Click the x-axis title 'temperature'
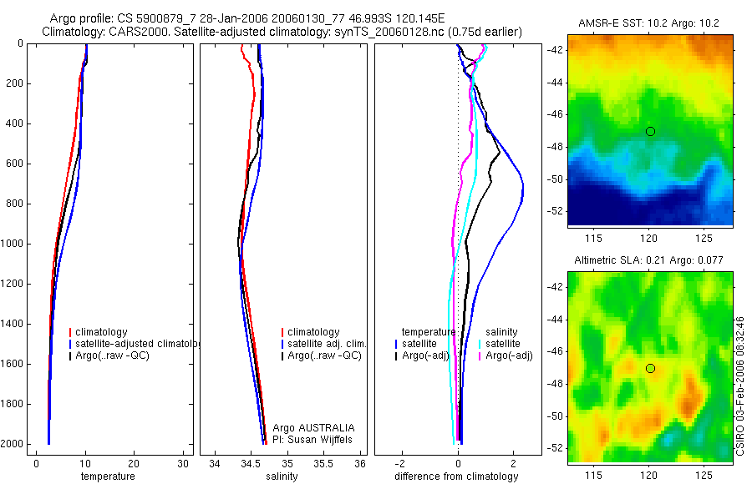(x=107, y=476)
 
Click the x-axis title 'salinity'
(x=280, y=476)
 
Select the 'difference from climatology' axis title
(x=456, y=476)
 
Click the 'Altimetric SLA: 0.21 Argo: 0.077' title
(x=648, y=260)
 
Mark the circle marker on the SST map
(x=650, y=131)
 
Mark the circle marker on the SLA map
(x=650, y=368)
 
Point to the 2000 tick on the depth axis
(x=16, y=444)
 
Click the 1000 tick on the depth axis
(x=16, y=244)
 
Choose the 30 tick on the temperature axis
(x=183, y=463)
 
